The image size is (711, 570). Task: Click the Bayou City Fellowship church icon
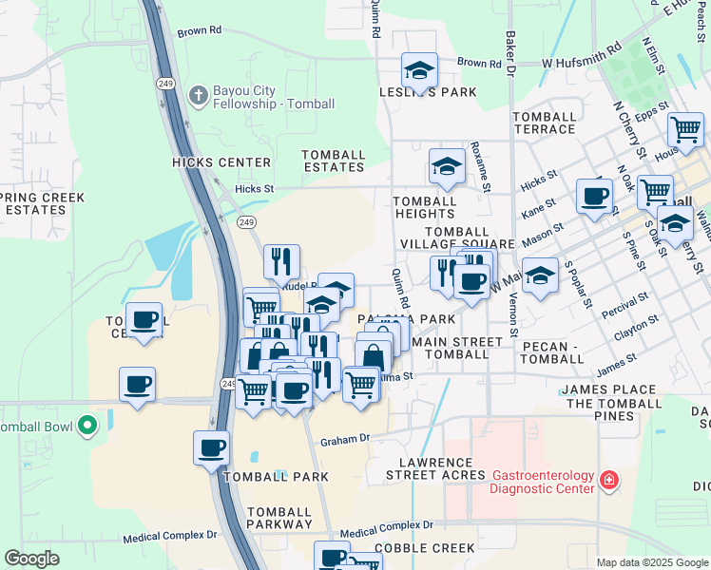[x=198, y=95]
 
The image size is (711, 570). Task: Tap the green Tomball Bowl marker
[x=88, y=425]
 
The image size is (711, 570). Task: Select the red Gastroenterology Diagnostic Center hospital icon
[x=608, y=483]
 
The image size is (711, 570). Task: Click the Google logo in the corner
[x=32, y=559]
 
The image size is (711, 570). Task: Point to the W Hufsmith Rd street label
[x=581, y=55]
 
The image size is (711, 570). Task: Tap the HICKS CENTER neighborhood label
[x=221, y=162]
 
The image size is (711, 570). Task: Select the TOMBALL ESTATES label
[x=334, y=161]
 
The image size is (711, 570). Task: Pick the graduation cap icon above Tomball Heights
[x=447, y=166]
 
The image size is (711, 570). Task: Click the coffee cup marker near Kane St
[x=595, y=196]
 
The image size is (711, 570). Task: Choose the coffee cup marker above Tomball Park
[x=211, y=446]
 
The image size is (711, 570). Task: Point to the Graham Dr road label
[x=343, y=441]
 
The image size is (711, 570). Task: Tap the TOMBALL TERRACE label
[x=544, y=123]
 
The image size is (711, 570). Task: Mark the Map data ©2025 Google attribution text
[x=651, y=562]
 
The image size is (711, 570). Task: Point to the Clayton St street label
[x=636, y=335]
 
